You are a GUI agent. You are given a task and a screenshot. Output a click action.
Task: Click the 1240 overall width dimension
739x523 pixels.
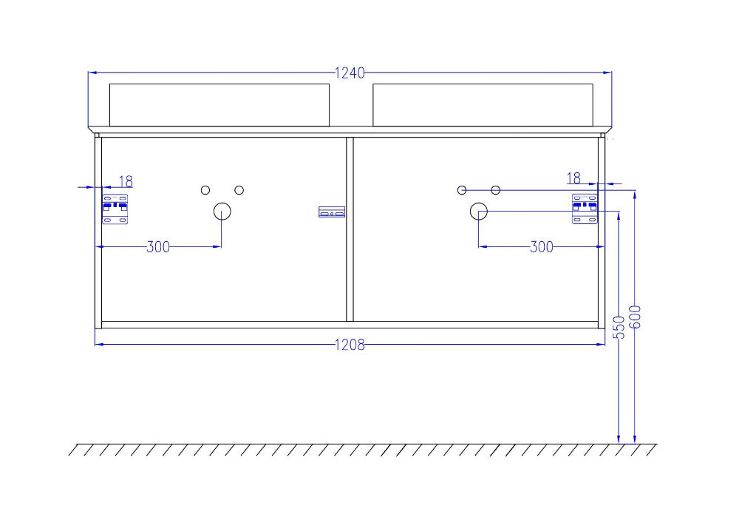pyautogui.click(x=350, y=73)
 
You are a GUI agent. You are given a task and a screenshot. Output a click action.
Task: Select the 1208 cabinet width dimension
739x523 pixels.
pyautogui.click(x=350, y=345)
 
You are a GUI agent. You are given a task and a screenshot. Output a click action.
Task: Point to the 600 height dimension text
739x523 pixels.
pyautogui.click(x=636, y=317)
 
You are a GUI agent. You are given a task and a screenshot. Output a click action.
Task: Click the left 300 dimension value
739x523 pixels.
pyautogui.click(x=158, y=247)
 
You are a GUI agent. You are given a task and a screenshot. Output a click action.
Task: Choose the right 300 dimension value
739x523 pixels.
pyautogui.click(x=542, y=247)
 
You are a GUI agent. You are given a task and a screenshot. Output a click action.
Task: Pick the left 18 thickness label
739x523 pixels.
pyautogui.click(x=126, y=181)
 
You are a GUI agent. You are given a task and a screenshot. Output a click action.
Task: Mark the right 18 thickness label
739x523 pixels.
pyautogui.click(x=573, y=178)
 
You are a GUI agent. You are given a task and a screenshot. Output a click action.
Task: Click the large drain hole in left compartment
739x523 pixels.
pyautogui.click(x=222, y=212)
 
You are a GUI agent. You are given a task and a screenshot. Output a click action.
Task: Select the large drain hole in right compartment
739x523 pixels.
pyautogui.click(x=479, y=212)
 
